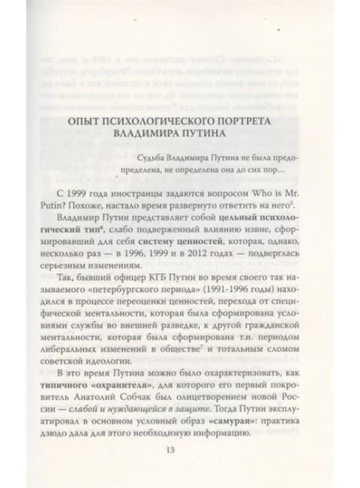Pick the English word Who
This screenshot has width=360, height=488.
pos(274,194)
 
